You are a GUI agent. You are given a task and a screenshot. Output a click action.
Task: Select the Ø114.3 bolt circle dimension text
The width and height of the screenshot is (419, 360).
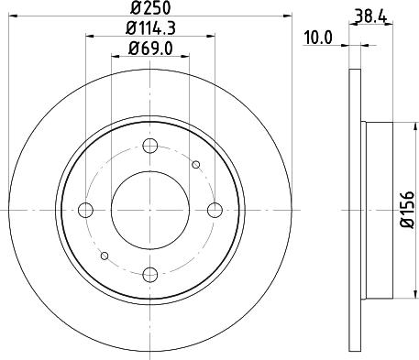tap(151, 28)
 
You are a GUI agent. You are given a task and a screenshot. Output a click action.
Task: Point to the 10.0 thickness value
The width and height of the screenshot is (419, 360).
tap(317, 38)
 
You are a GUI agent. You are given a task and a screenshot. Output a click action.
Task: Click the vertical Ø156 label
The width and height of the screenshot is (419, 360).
tap(408, 210)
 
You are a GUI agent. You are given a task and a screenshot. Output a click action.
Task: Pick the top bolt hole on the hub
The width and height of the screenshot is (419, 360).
tap(151, 145)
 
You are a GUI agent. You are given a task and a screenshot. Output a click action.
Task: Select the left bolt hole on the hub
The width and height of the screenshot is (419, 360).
tap(87, 210)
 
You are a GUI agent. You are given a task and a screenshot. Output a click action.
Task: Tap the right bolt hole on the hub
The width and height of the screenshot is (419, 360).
tap(215, 210)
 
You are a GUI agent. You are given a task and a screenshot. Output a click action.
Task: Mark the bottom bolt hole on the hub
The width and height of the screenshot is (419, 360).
tap(151, 274)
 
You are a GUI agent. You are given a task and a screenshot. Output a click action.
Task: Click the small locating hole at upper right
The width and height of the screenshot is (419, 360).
tap(195, 164)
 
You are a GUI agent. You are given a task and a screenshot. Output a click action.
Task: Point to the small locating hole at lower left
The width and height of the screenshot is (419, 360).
tap(106, 255)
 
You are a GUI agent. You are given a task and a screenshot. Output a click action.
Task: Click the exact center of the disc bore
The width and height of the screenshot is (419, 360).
tap(151, 210)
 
